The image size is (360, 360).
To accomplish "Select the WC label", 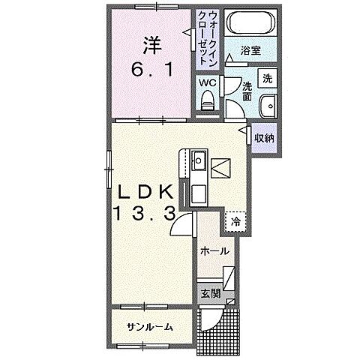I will pyautogui.click(x=206, y=83).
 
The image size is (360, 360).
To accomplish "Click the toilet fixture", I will pyautogui.click(x=207, y=99).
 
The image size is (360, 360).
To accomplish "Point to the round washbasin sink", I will pyautogui.click(x=266, y=104).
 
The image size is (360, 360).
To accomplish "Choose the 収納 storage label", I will pyautogui.click(x=262, y=137).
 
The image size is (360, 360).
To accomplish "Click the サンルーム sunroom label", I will pyautogui.click(x=149, y=327).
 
